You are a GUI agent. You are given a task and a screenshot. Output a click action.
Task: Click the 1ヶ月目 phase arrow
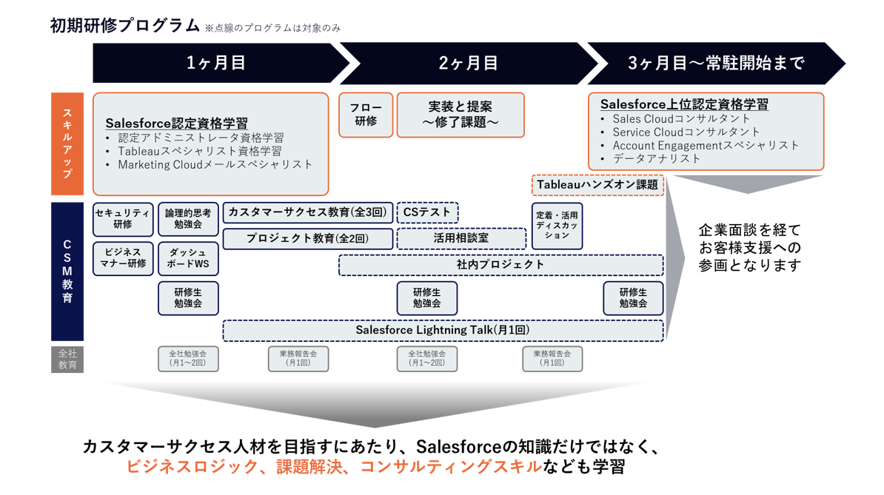pyautogui.click(x=221, y=62)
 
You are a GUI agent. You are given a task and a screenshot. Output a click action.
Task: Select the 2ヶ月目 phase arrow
pyautogui.click(x=468, y=62)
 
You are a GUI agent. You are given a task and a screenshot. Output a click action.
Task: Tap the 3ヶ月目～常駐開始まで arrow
pyautogui.click(x=716, y=62)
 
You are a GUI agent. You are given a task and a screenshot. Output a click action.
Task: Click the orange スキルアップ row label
pyautogui.click(x=67, y=144)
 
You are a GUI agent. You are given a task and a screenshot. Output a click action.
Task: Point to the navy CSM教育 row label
pyautogui.click(x=67, y=272)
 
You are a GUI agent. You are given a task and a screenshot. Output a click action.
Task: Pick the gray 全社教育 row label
pyautogui.click(x=67, y=360)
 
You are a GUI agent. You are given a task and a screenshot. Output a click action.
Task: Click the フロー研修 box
pyautogui.click(x=366, y=115)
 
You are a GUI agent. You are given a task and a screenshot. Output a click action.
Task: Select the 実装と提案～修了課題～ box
pyautogui.click(x=461, y=115)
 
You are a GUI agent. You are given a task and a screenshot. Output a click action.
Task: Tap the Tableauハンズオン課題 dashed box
pyautogui.click(x=597, y=185)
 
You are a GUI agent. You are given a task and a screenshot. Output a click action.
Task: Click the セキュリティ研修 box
pyautogui.click(x=123, y=219)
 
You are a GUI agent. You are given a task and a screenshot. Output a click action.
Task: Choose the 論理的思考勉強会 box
pyautogui.click(x=188, y=219)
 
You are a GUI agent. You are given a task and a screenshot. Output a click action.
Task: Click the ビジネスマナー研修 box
pyautogui.click(x=123, y=258)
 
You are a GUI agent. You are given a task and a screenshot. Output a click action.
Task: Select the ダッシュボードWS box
pyautogui.click(x=188, y=258)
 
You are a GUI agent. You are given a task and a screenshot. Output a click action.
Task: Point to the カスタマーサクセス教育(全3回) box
pyautogui.click(x=308, y=212)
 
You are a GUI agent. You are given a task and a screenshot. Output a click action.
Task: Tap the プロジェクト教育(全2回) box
pyautogui.click(x=308, y=239)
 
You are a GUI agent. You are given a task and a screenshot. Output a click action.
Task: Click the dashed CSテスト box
pyautogui.click(x=427, y=212)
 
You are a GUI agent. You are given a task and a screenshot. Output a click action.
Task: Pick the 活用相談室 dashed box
pyautogui.click(x=461, y=239)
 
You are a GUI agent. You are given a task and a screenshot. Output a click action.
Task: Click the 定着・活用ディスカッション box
pyautogui.click(x=557, y=226)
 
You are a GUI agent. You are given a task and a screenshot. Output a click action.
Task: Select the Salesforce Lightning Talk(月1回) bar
pyautogui.click(x=443, y=331)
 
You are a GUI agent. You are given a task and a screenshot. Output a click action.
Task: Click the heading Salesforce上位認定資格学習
pyautogui.click(x=684, y=104)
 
